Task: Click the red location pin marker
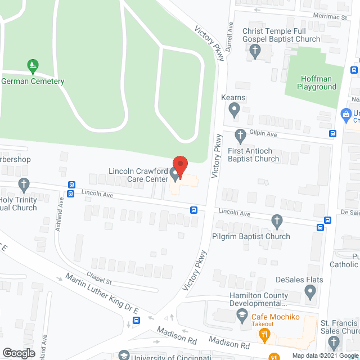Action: point(180,166)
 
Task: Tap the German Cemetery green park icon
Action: point(32,66)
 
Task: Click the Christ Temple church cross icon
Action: point(255,52)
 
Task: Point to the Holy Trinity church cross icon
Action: point(24,183)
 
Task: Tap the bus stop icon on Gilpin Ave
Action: point(333,134)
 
